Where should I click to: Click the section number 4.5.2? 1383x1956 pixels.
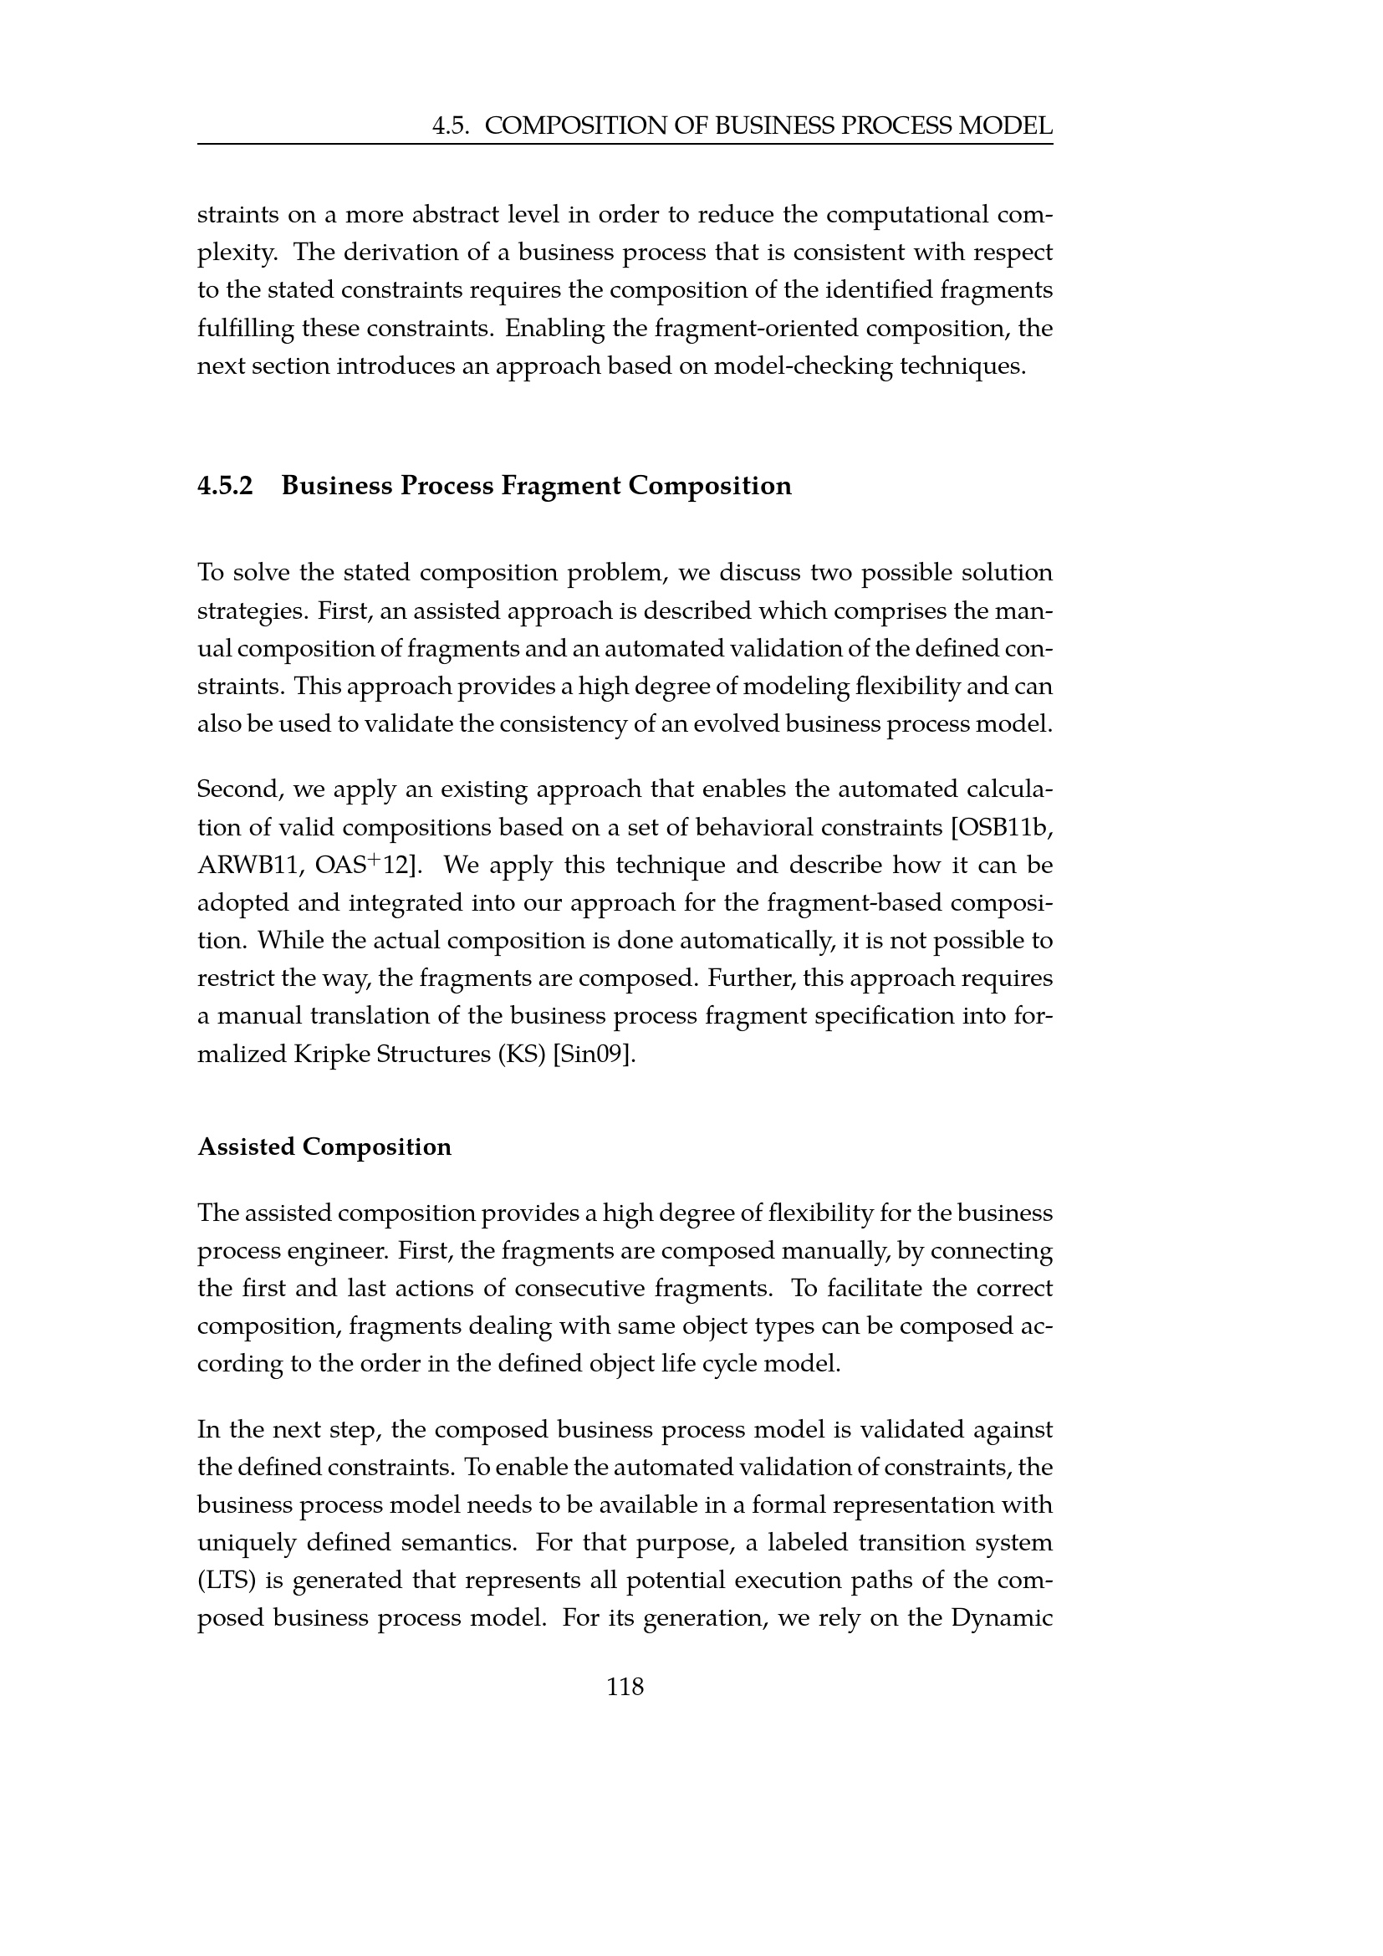226,486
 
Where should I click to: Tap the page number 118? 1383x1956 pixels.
625,1686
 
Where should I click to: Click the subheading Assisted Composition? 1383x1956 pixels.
324,1147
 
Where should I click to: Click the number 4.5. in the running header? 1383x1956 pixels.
452,126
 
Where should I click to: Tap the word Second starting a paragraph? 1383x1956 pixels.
239,789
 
